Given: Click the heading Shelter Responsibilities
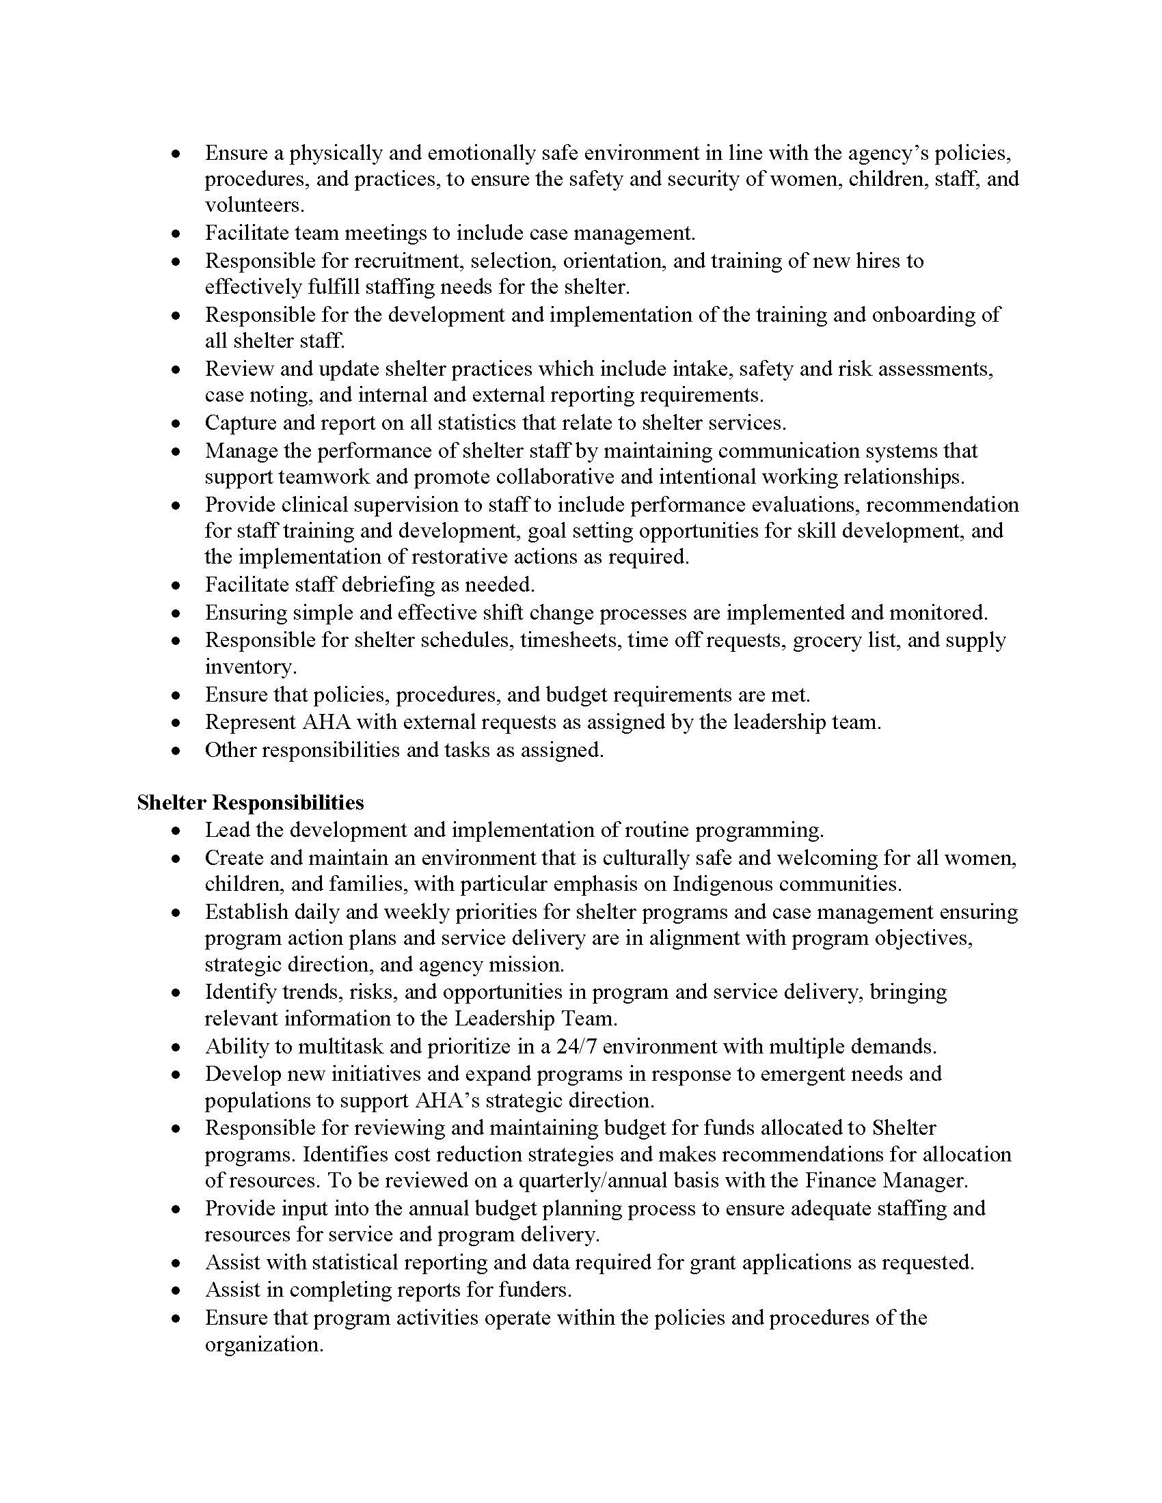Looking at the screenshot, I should click(x=251, y=803).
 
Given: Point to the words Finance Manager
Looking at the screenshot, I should click(x=886, y=1181).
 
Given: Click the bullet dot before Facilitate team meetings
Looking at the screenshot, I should click(x=177, y=234).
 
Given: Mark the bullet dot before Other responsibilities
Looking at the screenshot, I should click(x=177, y=751).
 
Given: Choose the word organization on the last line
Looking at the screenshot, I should click(x=263, y=1345).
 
